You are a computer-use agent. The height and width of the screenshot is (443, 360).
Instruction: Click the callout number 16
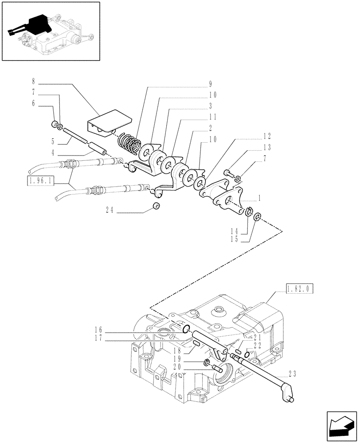point(99,330)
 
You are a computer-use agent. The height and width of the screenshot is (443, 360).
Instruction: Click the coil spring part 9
point(129,141)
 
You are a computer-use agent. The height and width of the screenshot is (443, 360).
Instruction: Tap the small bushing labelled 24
point(156,206)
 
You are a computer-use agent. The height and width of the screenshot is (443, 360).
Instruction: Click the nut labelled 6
point(55,124)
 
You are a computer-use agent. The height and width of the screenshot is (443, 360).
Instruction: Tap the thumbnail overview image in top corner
point(51,31)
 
